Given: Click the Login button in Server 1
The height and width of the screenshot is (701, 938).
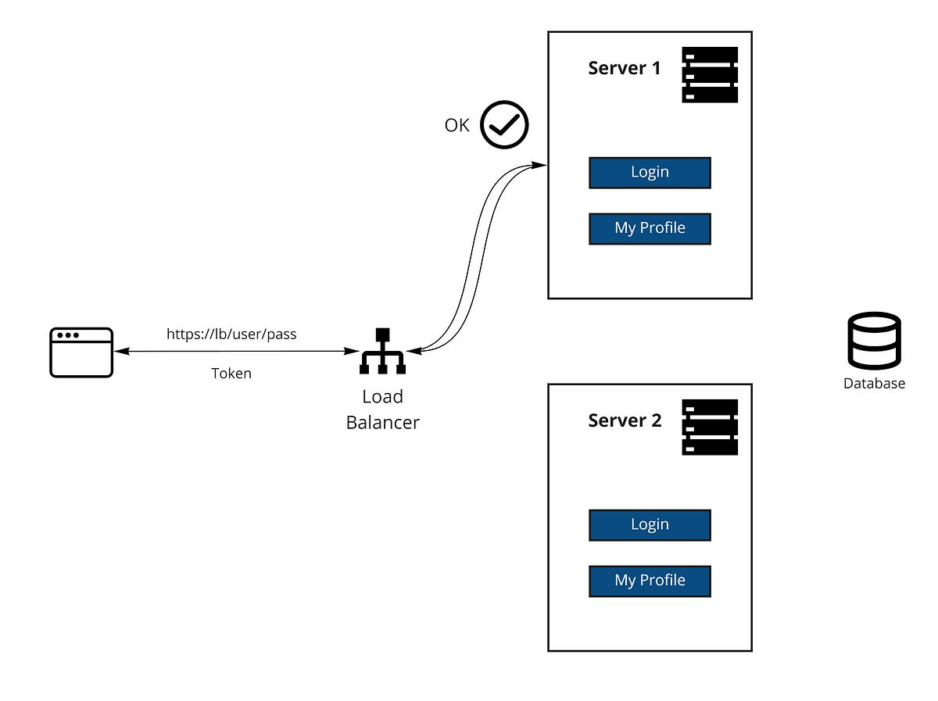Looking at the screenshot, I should tap(650, 173).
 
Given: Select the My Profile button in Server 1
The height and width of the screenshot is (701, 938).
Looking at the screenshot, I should tap(650, 228).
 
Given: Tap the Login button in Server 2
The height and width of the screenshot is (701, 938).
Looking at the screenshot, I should tap(650, 525).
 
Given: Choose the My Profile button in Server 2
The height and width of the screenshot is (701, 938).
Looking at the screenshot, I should tap(650, 581).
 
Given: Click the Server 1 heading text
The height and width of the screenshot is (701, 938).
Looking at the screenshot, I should tap(624, 69).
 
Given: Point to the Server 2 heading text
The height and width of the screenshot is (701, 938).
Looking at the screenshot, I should tap(625, 421).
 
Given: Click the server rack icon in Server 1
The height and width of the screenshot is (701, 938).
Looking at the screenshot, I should tap(710, 75).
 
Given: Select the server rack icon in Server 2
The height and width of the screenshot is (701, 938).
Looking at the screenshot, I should tap(710, 427).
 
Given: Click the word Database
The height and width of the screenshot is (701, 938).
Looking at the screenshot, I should tap(874, 384).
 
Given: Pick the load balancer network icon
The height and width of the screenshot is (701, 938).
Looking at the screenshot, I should tap(382, 351).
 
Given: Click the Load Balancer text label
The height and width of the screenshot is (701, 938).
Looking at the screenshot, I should tap(382, 410).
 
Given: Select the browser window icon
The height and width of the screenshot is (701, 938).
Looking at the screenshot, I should tap(81, 352).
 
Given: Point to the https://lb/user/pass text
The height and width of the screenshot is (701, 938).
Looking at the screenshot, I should tap(231, 334).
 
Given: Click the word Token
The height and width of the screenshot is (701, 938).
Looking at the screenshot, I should tap(231, 374).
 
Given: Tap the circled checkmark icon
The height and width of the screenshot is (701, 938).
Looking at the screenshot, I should tap(504, 125).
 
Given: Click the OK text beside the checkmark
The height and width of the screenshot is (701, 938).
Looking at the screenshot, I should tap(456, 125).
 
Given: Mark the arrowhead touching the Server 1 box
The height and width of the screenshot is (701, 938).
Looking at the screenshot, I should tap(540, 165).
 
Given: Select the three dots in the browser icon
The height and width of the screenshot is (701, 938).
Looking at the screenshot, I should tap(68, 336).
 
